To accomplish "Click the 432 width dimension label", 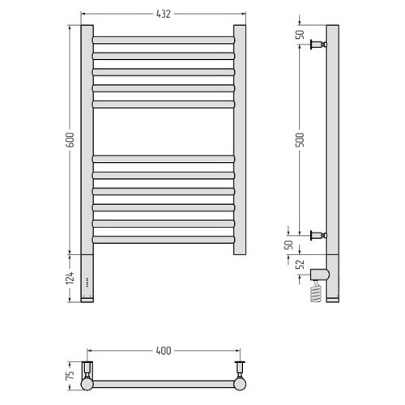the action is (x=164, y=14).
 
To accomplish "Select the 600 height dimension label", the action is (x=70, y=140).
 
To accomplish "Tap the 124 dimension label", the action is (x=70, y=278).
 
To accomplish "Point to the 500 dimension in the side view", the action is (x=300, y=139).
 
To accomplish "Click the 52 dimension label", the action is (x=300, y=264).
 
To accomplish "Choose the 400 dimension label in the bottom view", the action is (x=164, y=351).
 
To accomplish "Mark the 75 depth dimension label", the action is (x=70, y=375).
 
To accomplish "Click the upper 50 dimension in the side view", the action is (x=300, y=34).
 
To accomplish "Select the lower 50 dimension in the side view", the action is (x=288, y=245).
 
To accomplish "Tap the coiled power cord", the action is (x=316, y=292).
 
